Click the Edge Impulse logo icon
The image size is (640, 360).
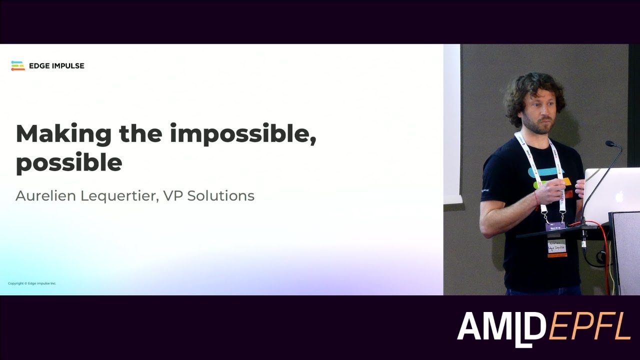tap(18, 65)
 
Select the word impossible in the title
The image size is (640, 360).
tap(242, 134)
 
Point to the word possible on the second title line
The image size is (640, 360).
tap(69, 162)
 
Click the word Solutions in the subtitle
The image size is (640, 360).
tap(220, 195)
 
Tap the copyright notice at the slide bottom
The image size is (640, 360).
tap(32, 283)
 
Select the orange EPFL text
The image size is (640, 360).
tap(589, 327)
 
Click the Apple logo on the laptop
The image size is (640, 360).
tap(620, 195)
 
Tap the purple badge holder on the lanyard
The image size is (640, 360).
tap(555, 226)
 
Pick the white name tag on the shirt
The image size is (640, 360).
tap(556, 247)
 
